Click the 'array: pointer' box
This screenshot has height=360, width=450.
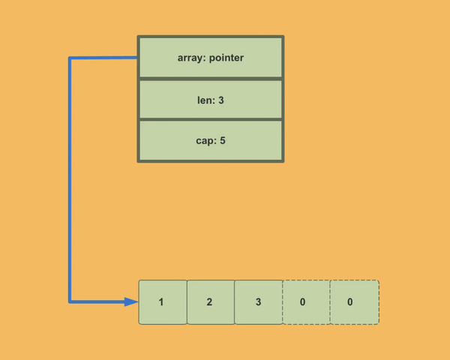click(x=211, y=57)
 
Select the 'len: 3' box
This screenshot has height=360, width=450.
click(x=211, y=99)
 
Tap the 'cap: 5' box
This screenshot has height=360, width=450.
click(x=211, y=140)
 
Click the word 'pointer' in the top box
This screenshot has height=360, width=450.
click(x=226, y=57)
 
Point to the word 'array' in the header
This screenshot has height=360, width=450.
click(x=191, y=57)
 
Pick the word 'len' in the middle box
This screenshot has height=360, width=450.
click(x=204, y=99)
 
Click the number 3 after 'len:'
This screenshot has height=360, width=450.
click(x=222, y=99)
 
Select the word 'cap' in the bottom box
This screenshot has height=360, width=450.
click(x=204, y=140)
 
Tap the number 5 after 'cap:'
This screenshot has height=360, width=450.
click(x=223, y=140)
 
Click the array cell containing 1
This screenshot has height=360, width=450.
click(x=163, y=302)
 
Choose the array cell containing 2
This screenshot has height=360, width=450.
click(x=210, y=302)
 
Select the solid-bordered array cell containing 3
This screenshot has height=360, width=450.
click(x=258, y=302)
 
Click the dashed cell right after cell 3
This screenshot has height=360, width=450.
click(x=306, y=302)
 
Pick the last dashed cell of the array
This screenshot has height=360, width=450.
click(x=354, y=302)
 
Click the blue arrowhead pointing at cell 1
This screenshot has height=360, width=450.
click(x=133, y=302)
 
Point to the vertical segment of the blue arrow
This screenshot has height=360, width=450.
click(x=70, y=180)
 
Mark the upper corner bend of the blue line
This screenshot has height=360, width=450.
click(x=70, y=58)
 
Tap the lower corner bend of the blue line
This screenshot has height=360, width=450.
click(x=70, y=302)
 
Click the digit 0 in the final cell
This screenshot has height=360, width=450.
click(x=350, y=302)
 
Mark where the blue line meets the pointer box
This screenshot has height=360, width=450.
click(x=137, y=58)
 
